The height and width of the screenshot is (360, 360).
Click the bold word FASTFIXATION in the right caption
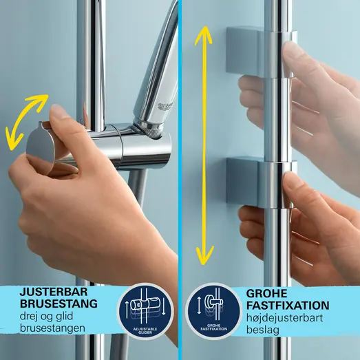[288, 305]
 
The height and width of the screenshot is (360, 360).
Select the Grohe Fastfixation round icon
[212, 312]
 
